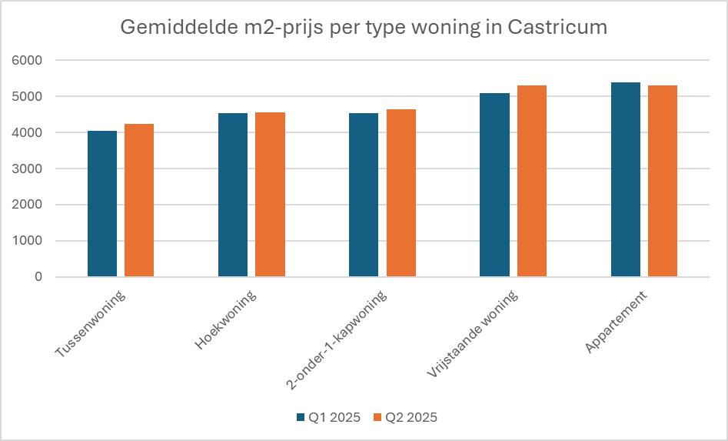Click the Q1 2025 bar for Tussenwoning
102,204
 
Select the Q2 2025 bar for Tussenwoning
139,200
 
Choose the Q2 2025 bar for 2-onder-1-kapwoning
401,193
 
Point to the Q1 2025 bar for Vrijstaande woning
494,185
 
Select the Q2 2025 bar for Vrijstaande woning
531,181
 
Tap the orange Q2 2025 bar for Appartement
663,181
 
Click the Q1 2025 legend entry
328,418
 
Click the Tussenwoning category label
91,325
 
